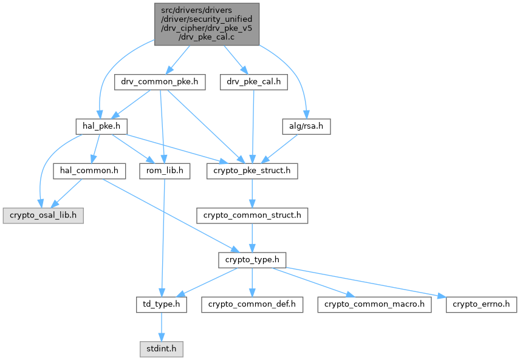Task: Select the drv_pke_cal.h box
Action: (x=253, y=82)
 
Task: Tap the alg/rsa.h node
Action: (x=306, y=126)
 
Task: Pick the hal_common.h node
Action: (x=89, y=171)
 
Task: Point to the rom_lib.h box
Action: (x=165, y=171)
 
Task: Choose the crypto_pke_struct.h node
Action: (x=252, y=171)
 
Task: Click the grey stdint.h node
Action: (x=161, y=349)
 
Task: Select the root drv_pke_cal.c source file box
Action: (x=207, y=24)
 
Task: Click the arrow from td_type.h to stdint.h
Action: (x=161, y=327)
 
